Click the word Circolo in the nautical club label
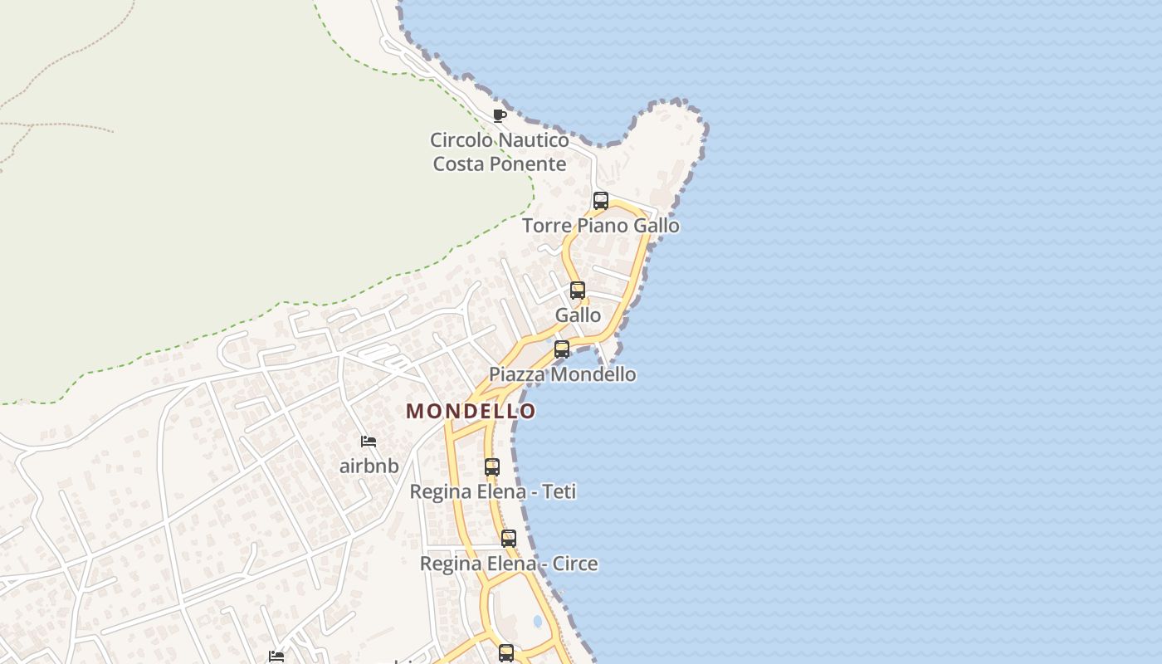coord(459,139)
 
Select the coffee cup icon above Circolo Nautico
coord(499,115)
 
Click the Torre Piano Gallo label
coord(600,225)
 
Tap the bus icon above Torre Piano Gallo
coord(600,201)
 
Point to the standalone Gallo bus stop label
coord(578,315)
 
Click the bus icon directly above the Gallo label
coord(577,290)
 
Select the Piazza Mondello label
coord(562,374)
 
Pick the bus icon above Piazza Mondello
coord(562,349)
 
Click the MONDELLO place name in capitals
coord(471,411)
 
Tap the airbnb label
coord(369,466)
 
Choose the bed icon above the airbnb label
coord(369,442)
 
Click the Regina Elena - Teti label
coord(492,491)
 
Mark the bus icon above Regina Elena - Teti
coord(492,467)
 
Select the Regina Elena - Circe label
coord(508,564)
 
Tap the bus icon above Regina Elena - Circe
coord(508,539)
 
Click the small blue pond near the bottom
coord(538,621)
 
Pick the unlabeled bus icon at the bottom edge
coord(506,653)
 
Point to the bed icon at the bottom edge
coord(276,657)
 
